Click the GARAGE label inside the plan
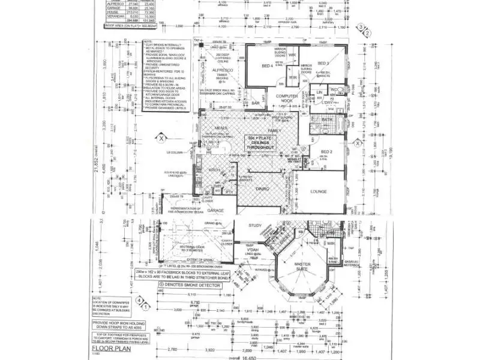(x=216, y=211)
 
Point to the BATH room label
(x=326, y=120)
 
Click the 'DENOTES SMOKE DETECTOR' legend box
(x=188, y=286)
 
